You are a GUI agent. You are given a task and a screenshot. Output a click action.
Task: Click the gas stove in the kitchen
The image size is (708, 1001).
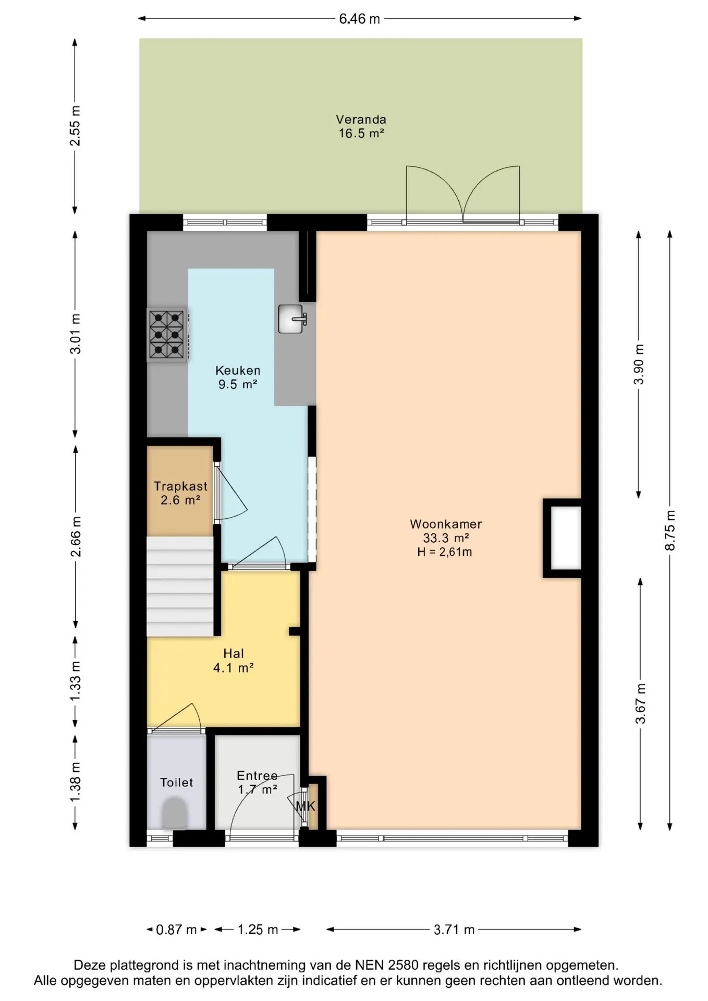coord(167,334)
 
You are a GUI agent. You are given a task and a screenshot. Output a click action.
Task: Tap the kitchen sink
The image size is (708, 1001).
coord(292,319)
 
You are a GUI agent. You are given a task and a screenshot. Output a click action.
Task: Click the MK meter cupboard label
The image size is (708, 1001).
coord(306,806)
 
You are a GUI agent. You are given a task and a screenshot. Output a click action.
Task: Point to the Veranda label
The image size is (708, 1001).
coord(361,119)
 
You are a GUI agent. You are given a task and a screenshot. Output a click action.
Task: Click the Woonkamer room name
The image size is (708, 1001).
coord(446,524)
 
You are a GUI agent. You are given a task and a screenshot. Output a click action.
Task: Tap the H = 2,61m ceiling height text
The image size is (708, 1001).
coord(445,552)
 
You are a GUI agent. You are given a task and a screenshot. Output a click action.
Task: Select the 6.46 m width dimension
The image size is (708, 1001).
coord(360,19)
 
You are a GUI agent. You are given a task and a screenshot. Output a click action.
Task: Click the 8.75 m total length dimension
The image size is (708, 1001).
coord(670,530)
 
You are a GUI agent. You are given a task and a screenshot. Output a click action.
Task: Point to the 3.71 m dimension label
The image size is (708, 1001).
coord(454,930)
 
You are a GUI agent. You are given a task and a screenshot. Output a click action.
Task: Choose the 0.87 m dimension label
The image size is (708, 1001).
coord(177,930)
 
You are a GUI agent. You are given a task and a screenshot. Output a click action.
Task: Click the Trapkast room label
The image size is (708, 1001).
coord(180,486)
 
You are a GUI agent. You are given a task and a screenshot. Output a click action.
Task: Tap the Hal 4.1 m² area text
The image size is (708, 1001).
coord(234,661)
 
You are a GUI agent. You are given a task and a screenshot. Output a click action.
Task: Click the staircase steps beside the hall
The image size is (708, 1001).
coord(180,587)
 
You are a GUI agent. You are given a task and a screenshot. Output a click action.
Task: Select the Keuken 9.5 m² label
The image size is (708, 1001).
coord(238,377)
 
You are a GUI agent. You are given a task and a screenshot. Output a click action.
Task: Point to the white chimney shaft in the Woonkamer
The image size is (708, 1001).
coord(566,538)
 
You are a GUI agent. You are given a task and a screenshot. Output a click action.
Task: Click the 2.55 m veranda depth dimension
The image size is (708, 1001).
coord(75,126)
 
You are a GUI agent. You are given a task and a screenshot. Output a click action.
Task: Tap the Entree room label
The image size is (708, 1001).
coord(257,776)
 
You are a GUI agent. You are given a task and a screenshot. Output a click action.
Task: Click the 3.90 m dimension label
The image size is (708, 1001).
coord(639,364)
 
